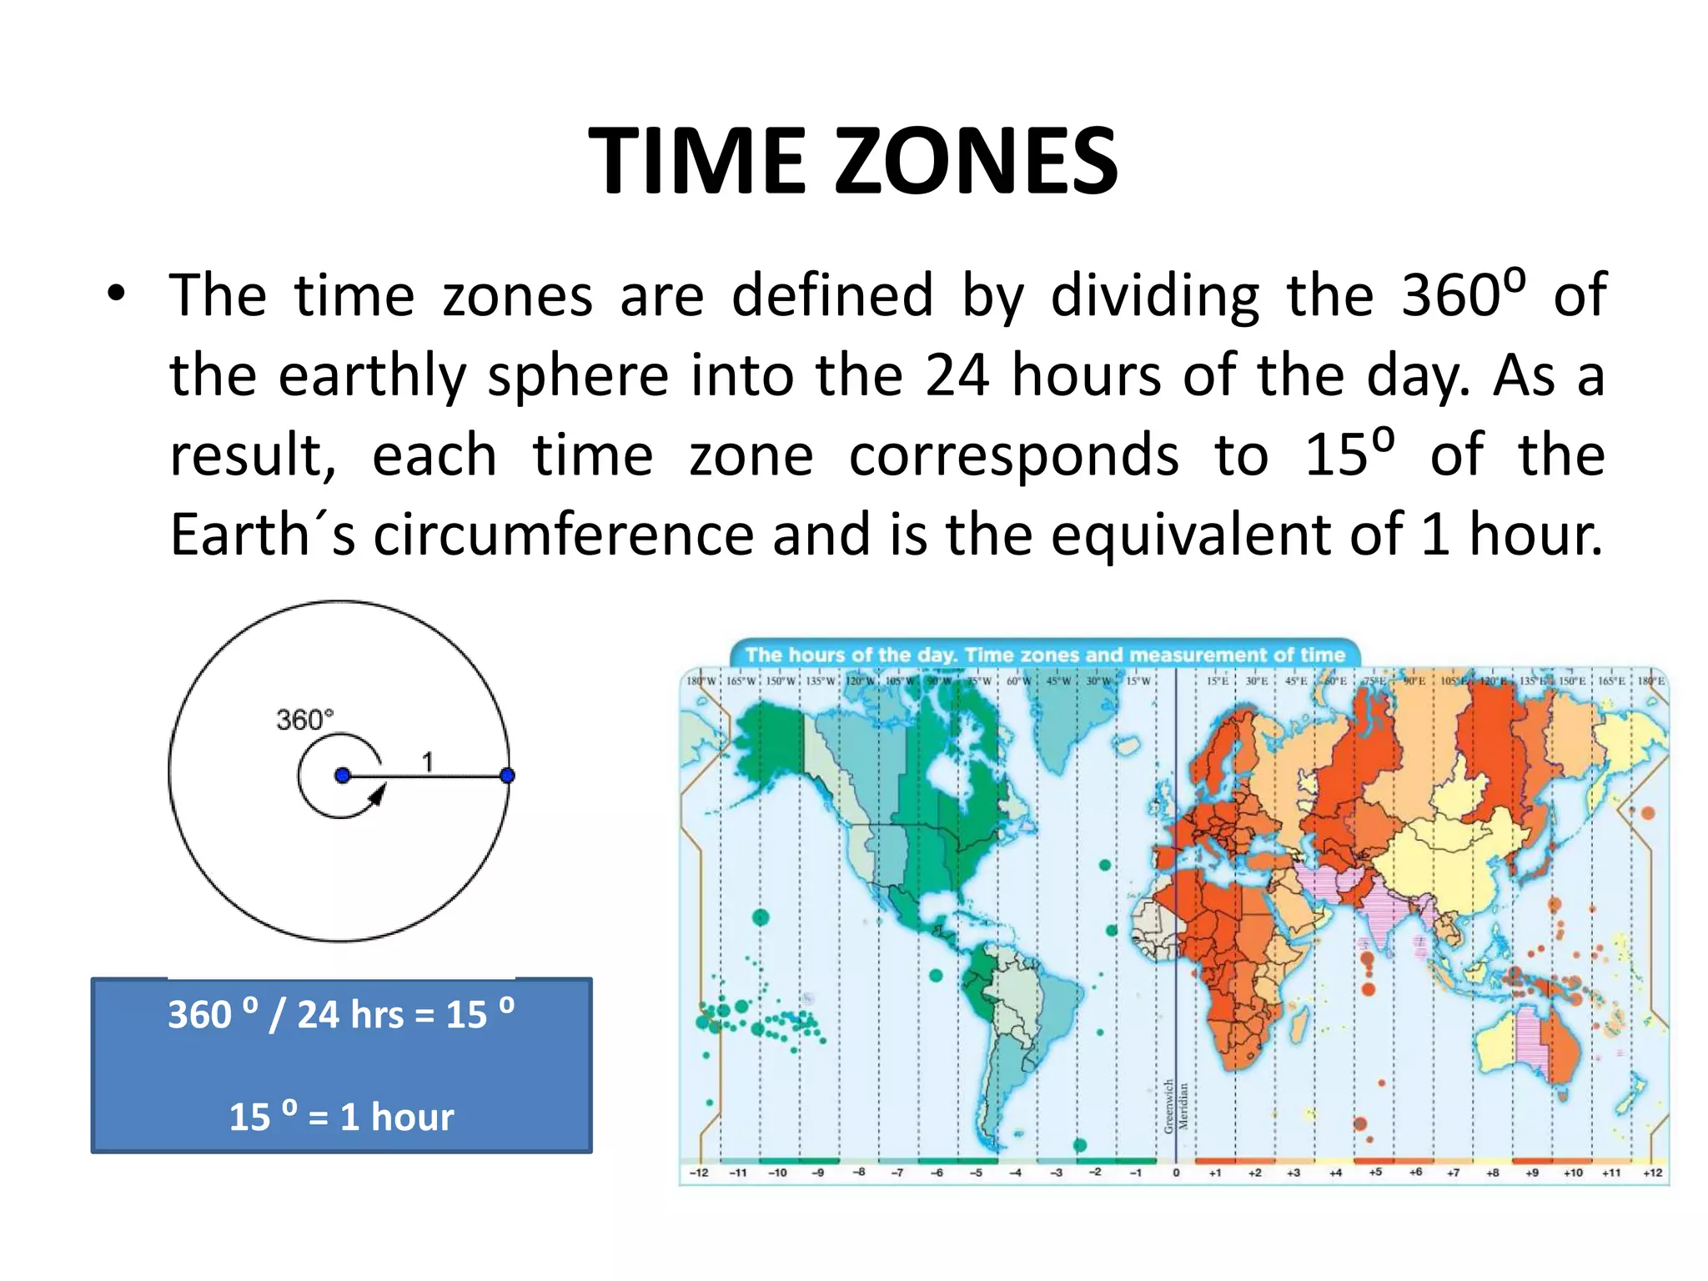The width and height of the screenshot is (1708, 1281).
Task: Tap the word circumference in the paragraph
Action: coord(563,535)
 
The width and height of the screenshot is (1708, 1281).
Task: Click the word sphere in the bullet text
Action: coord(578,375)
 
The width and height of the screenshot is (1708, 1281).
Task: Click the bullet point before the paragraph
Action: coord(116,294)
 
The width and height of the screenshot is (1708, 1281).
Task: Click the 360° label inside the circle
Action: coord(304,719)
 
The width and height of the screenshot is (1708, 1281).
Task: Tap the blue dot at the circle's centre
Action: coord(342,776)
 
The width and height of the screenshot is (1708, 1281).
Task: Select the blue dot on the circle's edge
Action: coord(507,776)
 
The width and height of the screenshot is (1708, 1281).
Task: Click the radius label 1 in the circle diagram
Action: coord(427,761)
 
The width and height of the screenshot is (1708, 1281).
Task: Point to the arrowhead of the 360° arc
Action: coord(377,796)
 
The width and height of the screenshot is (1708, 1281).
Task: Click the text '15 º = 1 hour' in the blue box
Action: coord(341,1116)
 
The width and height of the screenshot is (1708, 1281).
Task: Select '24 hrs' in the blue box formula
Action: coord(350,1015)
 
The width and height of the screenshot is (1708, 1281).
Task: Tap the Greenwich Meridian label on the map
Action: coord(1176,1106)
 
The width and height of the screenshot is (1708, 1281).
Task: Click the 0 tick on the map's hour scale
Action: coord(1176,1173)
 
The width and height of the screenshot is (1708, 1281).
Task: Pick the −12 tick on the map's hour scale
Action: coord(699,1173)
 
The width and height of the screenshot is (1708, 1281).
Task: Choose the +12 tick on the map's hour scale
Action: coord(1652,1173)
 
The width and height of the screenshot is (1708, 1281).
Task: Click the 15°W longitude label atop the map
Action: coord(1138,681)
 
